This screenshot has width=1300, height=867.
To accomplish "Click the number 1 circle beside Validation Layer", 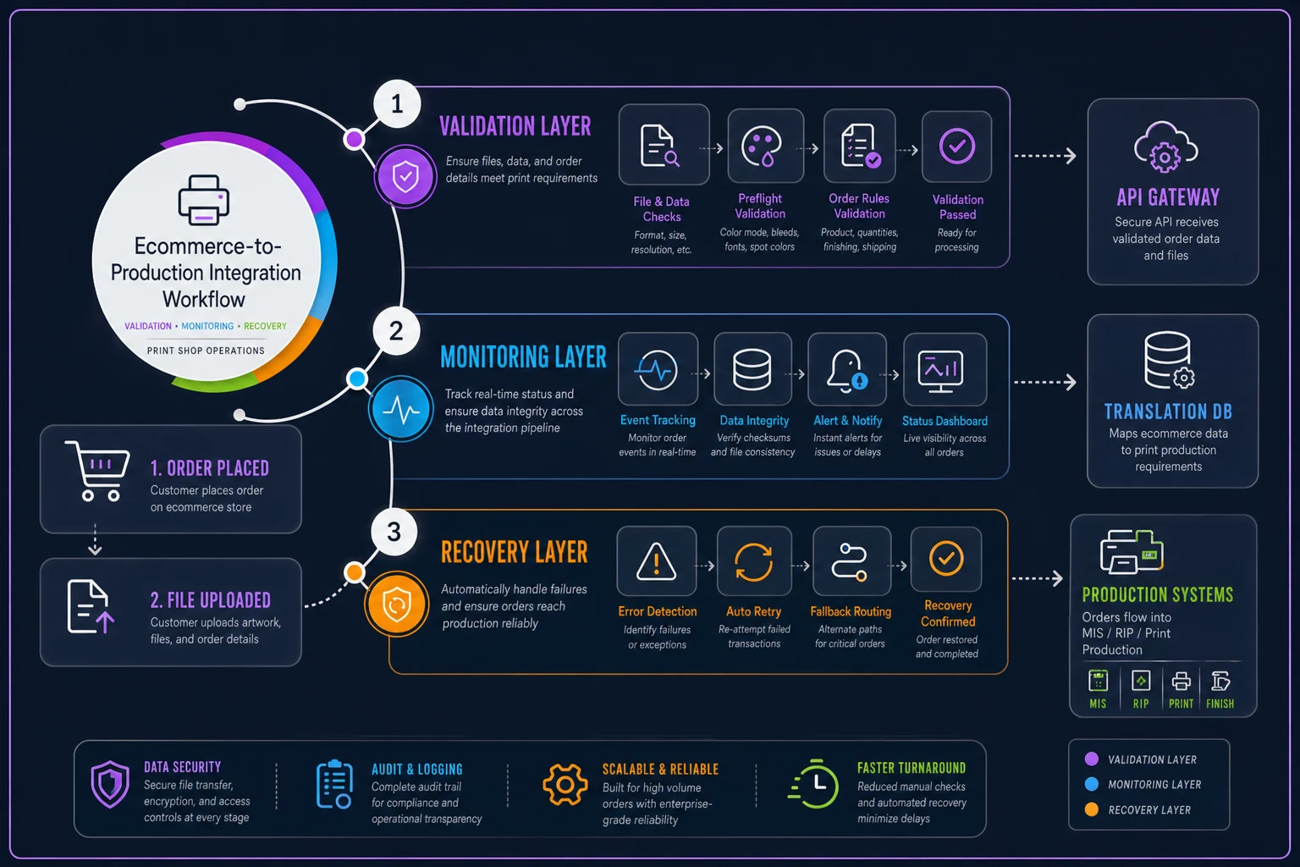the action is [397, 104].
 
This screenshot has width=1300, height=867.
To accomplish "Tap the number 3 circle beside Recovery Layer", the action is [394, 532].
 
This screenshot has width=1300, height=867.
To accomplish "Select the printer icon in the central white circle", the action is [204, 200].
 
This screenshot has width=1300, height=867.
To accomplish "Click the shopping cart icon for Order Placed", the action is [97, 471].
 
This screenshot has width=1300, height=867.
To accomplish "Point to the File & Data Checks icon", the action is [659, 146].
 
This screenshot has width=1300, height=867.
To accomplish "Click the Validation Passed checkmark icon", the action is [957, 146].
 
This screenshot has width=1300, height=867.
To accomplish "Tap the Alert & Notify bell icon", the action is [846, 371].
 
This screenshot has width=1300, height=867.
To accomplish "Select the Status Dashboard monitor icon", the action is [941, 371].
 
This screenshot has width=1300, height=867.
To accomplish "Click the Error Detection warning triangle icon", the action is [657, 561].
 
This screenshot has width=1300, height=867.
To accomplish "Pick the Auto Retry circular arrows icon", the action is [753, 561].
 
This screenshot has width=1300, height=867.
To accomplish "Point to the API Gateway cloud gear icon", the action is [1165, 147].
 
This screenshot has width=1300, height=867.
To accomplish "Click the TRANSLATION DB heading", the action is [1168, 411].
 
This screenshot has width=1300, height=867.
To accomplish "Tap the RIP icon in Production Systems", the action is [1141, 682].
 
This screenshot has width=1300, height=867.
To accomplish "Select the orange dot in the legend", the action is [1092, 809].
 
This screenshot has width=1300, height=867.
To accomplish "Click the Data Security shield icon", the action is [110, 785].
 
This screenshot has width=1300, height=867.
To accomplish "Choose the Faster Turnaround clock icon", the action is [813, 784].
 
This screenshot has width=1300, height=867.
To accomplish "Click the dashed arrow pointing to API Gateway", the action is [1045, 156].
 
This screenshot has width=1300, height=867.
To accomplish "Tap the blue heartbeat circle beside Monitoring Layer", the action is [400, 410].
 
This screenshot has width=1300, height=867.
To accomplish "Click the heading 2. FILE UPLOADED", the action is [211, 600].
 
